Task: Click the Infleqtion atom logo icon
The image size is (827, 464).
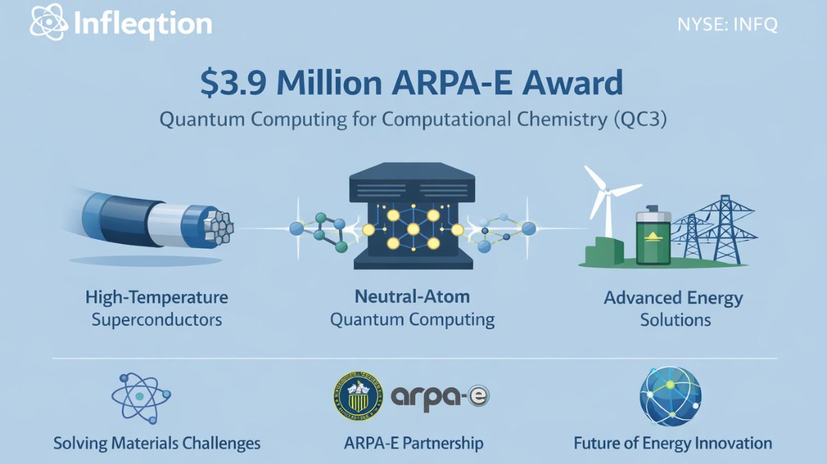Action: [48, 25]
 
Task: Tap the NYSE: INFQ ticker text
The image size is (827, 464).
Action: [728, 25]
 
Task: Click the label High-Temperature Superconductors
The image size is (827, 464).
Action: [156, 308]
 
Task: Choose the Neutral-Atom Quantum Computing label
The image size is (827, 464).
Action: [412, 308]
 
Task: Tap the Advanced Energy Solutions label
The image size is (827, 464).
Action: [673, 308]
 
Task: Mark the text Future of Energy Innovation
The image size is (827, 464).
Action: [673, 443]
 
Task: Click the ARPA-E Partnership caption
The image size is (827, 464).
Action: [413, 443]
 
